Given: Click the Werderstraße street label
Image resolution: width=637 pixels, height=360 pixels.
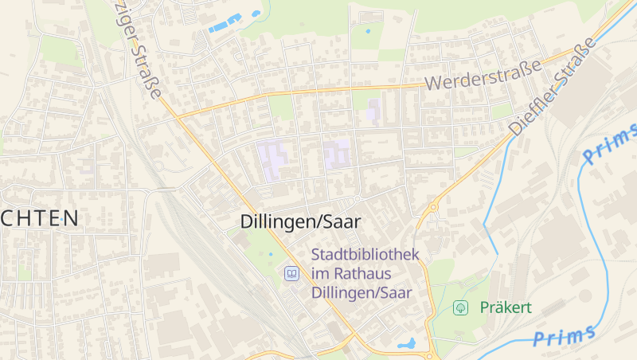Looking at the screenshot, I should point(483,72).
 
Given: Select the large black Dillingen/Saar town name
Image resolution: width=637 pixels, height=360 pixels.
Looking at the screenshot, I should point(300,222).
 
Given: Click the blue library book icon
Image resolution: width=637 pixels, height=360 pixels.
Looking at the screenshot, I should point(292,274).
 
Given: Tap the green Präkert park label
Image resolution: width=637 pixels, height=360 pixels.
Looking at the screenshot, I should point(506,307).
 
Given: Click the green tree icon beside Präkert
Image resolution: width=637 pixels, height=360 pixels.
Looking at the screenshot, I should point(459,307).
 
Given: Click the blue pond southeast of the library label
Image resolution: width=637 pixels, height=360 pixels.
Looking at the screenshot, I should point(407,344).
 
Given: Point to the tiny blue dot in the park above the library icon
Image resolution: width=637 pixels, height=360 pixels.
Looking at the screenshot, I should point(271,254).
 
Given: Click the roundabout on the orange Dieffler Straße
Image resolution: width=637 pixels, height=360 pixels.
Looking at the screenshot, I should point(433,209).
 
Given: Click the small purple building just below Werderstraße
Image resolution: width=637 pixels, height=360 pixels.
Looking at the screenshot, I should point(373,110).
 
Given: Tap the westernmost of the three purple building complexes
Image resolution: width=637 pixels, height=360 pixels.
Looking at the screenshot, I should point(274,159).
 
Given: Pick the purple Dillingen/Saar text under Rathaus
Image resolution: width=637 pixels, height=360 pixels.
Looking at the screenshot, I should point(361,292).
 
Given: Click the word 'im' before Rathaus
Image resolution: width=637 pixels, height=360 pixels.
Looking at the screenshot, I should point(320,274).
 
